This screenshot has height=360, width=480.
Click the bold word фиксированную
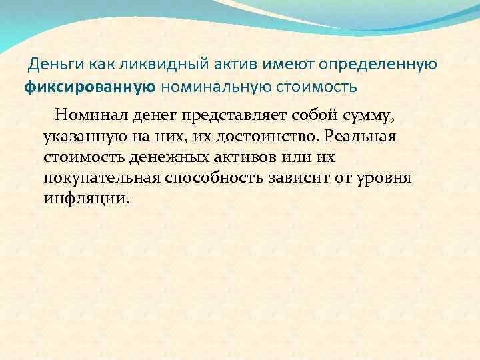click(x=91, y=86)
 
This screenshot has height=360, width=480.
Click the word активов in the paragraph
click(x=249, y=157)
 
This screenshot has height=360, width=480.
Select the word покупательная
click(x=101, y=179)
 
